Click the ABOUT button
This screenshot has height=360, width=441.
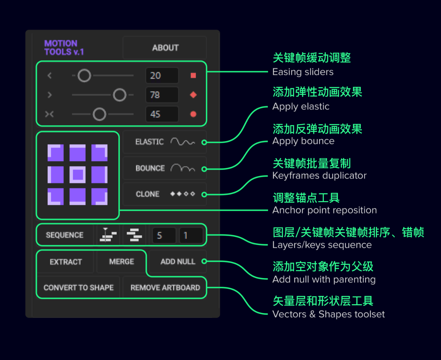tap(165, 48)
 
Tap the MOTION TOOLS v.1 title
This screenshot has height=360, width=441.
tap(64, 48)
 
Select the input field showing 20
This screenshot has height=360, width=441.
tap(162, 75)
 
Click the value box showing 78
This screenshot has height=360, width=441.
tap(162, 95)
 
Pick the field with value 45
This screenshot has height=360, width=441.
tap(162, 114)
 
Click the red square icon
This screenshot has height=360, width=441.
tap(193, 75)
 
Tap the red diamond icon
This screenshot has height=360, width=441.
tap(193, 95)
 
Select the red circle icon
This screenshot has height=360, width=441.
tap(193, 114)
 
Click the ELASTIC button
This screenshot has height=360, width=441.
tap(165, 142)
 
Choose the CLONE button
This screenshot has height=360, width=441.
tap(165, 194)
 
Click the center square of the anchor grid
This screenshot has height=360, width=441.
tap(78, 175)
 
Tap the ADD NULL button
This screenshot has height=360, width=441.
tap(178, 261)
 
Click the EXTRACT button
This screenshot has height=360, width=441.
tap(66, 261)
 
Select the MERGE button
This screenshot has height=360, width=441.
tap(122, 261)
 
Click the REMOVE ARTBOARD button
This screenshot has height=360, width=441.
tap(165, 288)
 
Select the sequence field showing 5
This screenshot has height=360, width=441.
tap(164, 235)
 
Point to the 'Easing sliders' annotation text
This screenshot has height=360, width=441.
tap(303, 72)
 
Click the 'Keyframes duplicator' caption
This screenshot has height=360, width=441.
tap(319, 176)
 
